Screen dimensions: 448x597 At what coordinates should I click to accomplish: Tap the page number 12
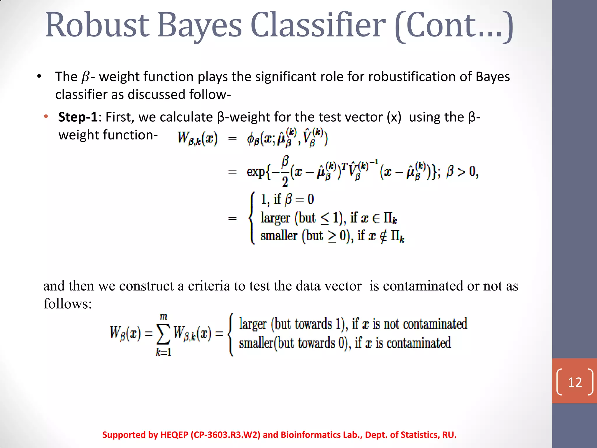575,382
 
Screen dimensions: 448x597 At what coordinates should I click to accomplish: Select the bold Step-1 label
78,117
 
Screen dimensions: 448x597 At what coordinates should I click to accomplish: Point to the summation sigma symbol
163,334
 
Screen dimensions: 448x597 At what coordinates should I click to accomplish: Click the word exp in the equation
256,171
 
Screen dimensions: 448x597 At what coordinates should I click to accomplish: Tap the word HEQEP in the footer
174,435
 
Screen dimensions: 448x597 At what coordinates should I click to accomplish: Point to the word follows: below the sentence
68,304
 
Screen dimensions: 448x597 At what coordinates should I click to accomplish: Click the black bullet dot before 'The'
39,77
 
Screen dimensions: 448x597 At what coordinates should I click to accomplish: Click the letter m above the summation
164,317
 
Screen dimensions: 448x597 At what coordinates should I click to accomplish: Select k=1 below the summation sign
164,352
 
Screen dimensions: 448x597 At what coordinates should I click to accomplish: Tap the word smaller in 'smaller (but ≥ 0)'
279,236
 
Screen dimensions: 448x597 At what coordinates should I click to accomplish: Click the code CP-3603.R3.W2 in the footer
225,435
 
